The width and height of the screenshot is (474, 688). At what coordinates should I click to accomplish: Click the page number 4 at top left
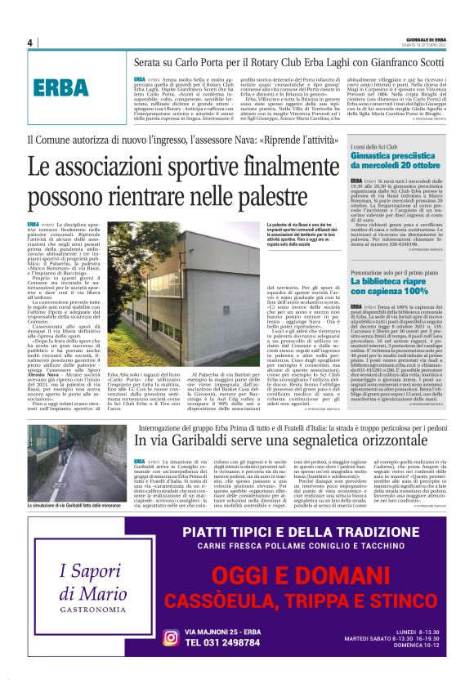29,42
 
